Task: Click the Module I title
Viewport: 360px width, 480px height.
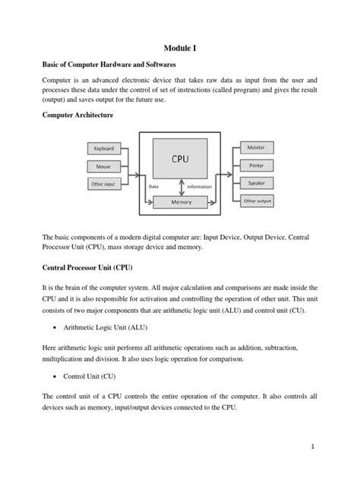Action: (x=180, y=47)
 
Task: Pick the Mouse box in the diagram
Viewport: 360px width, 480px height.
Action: (x=103, y=166)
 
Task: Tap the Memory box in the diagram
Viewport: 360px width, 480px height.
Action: (x=180, y=202)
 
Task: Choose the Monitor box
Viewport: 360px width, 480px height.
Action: (x=256, y=147)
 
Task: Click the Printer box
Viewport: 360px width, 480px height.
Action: (x=256, y=164)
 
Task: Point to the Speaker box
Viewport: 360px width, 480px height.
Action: (x=256, y=183)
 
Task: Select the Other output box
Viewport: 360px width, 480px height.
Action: (x=256, y=201)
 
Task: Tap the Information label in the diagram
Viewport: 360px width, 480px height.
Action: (x=200, y=186)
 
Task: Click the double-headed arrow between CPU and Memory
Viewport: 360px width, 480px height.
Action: (x=180, y=187)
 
